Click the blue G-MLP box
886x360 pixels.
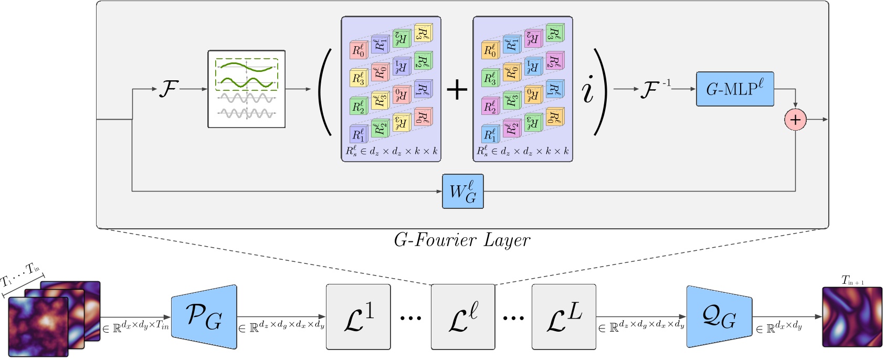click(x=735, y=89)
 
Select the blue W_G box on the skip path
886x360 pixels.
click(x=462, y=192)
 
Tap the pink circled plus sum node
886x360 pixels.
click(x=795, y=120)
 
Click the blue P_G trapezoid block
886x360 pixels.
click(x=204, y=317)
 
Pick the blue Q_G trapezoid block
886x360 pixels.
click(x=719, y=317)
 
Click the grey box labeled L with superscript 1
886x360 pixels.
click(x=358, y=317)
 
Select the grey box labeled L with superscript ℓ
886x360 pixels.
click(x=463, y=317)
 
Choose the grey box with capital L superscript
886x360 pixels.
click(x=564, y=317)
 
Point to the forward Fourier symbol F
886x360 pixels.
click(x=168, y=89)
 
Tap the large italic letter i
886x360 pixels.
click(x=588, y=90)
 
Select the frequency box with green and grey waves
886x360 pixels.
click(x=247, y=89)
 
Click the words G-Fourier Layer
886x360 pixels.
click(x=462, y=240)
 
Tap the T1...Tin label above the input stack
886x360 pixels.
click(x=21, y=274)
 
